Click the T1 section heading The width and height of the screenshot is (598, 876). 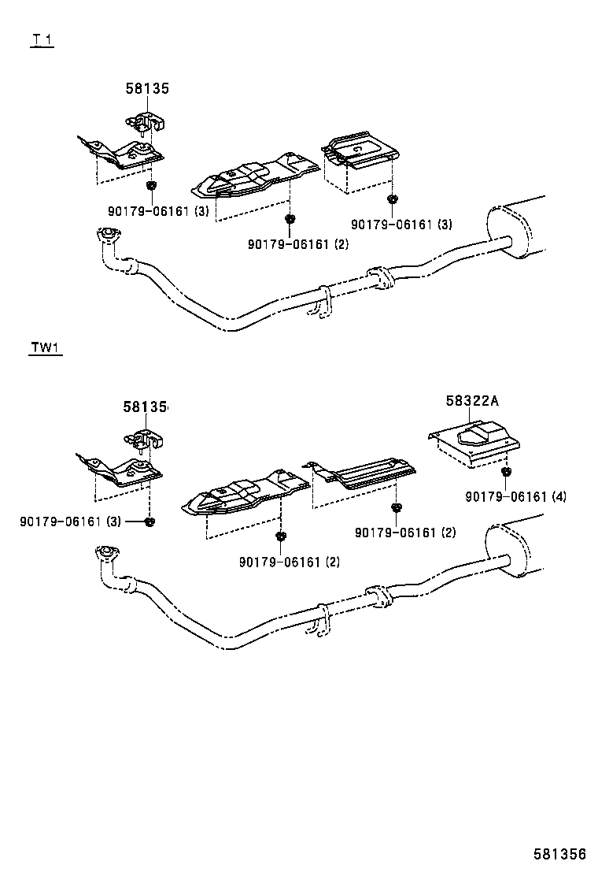click(42, 40)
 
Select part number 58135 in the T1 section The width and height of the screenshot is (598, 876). click(147, 89)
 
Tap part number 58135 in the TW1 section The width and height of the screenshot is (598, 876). click(146, 407)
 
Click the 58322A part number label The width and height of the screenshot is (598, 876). click(472, 401)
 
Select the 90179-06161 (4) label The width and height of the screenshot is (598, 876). click(515, 496)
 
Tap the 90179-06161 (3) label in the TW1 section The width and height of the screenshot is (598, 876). click(71, 522)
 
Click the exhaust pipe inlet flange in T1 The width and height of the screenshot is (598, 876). click(105, 235)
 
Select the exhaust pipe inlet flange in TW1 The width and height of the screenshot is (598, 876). click(103, 553)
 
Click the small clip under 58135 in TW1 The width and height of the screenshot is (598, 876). click(142, 438)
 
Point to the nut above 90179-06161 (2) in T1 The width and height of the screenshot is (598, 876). click(290, 219)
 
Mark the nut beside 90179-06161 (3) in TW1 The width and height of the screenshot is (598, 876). click(149, 522)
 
